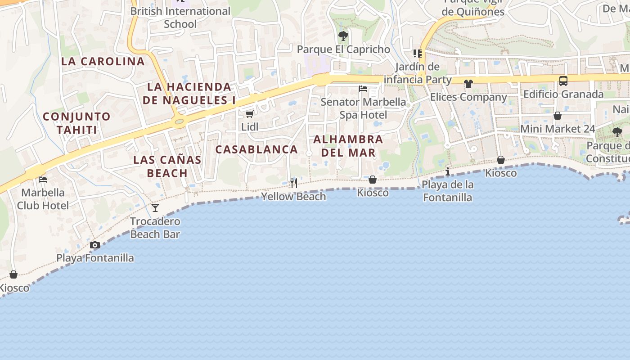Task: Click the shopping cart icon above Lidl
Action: pyautogui.click(x=249, y=114)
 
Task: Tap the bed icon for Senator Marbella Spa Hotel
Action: pyautogui.click(x=363, y=88)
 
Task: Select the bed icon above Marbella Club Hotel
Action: pyautogui.click(x=43, y=179)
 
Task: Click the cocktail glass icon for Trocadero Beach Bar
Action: pyautogui.click(x=155, y=207)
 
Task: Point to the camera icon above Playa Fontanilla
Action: pyautogui.click(x=95, y=245)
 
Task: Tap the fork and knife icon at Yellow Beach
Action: pyautogui.click(x=294, y=183)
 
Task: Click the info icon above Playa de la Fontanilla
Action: pyautogui.click(x=447, y=171)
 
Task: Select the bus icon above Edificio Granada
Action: pyautogui.click(x=563, y=81)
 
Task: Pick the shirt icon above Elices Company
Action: pyautogui.click(x=468, y=84)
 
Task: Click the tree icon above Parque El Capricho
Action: pyautogui.click(x=343, y=36)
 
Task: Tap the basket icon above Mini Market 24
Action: pyautogui.click(x=557, y=116)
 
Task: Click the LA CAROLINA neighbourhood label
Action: pyautogui.click(x=103, y=62)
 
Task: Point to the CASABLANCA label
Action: pyautogui.click(x=256, y=149)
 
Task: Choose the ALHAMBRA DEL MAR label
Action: pyautogui.click(x=348, y=146)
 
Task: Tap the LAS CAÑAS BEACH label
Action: pyautogui.click(x=167, y=166)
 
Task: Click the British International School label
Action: pyautogui.click(x=180, y=17)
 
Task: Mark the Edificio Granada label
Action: pyautogui.click(x=563, y=94)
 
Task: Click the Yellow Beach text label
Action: pyautogui.click(x=294, y=196)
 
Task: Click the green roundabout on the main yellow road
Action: pyautogui.click(x=180, y=121)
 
